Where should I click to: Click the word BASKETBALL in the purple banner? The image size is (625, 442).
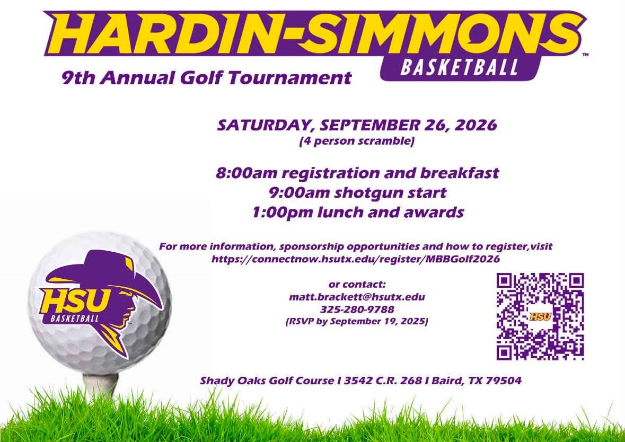click(459, 67)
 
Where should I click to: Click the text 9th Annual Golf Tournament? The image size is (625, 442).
click(206, 78)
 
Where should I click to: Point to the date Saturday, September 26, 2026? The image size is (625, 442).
click(357, 125)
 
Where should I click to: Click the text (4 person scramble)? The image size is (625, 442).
click(357, 141)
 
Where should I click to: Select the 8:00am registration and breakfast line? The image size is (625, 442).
click(357, 173)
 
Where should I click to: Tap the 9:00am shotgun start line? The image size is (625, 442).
click(357, 193)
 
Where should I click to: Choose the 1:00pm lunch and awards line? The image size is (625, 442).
click(357, 212)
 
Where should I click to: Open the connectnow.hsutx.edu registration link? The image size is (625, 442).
click(356, 259)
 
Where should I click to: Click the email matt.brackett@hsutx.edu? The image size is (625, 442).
click(357, 297)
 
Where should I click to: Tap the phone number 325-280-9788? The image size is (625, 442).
click(357, 310)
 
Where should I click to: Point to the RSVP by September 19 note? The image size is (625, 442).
click(357, 322)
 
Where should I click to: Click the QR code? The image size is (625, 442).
click(540, 316)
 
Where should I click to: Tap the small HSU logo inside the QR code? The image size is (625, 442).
click(540, 317)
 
